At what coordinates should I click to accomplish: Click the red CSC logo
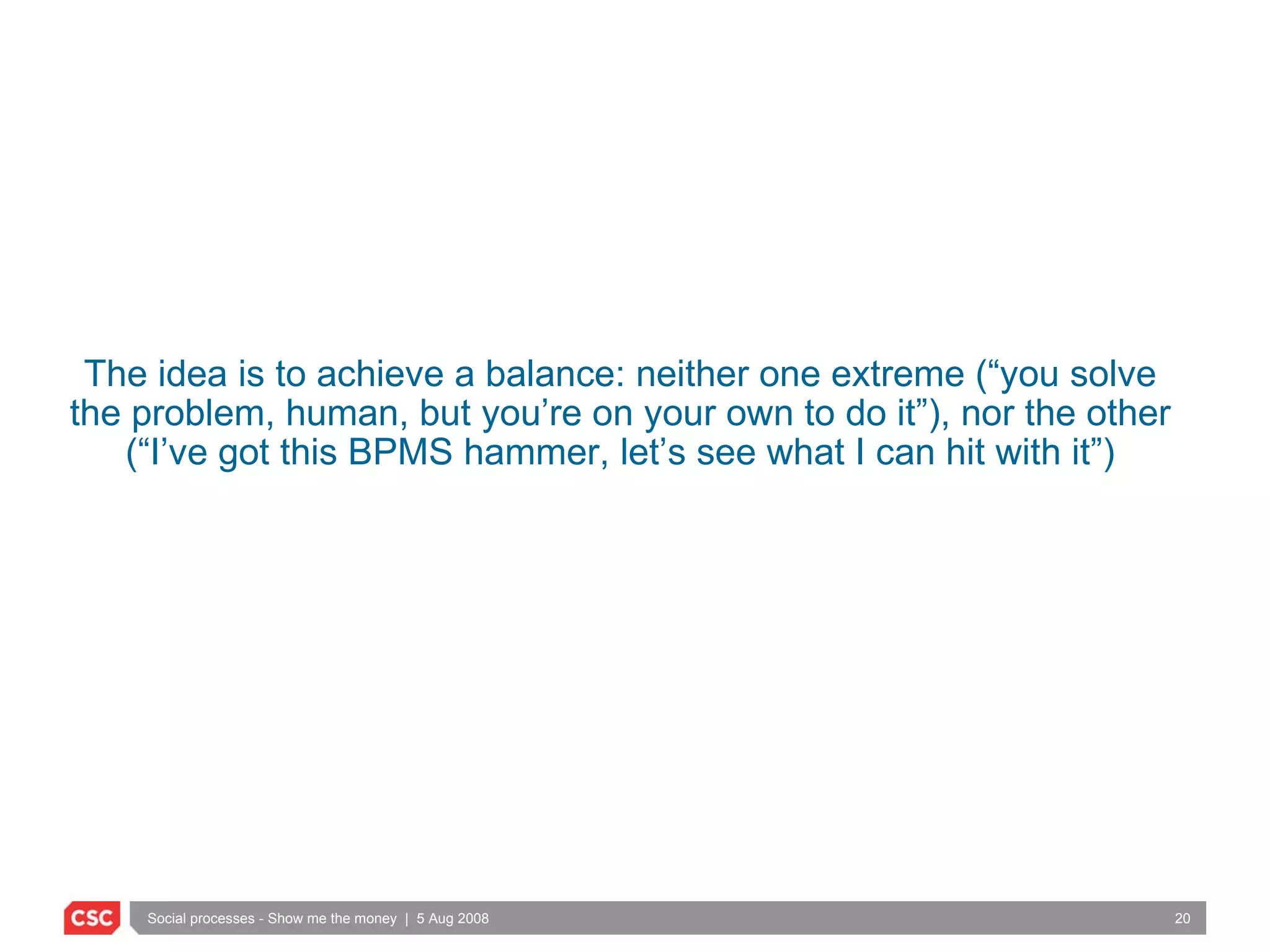tap(92, 917)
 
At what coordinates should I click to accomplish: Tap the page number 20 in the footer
tap(1182, 919)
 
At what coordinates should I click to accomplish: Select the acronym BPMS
tap(400, 452)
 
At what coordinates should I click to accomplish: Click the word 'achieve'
tap(380, 374)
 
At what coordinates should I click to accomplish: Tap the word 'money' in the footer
tap(376, 919)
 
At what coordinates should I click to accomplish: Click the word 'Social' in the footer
tap(167, 919)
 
